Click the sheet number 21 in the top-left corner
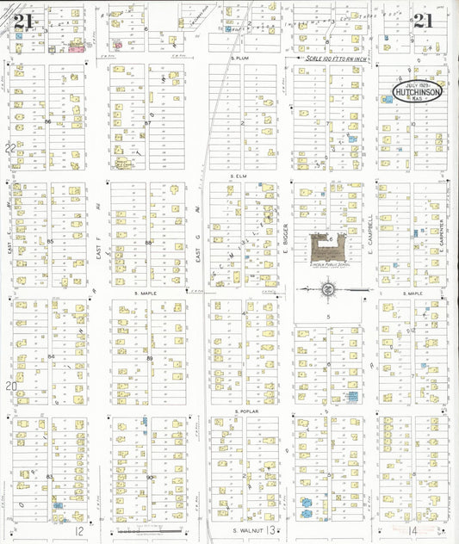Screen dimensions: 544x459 22,20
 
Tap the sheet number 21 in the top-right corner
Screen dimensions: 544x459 423,21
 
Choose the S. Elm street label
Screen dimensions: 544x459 239,176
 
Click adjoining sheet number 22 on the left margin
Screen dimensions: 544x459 9,147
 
